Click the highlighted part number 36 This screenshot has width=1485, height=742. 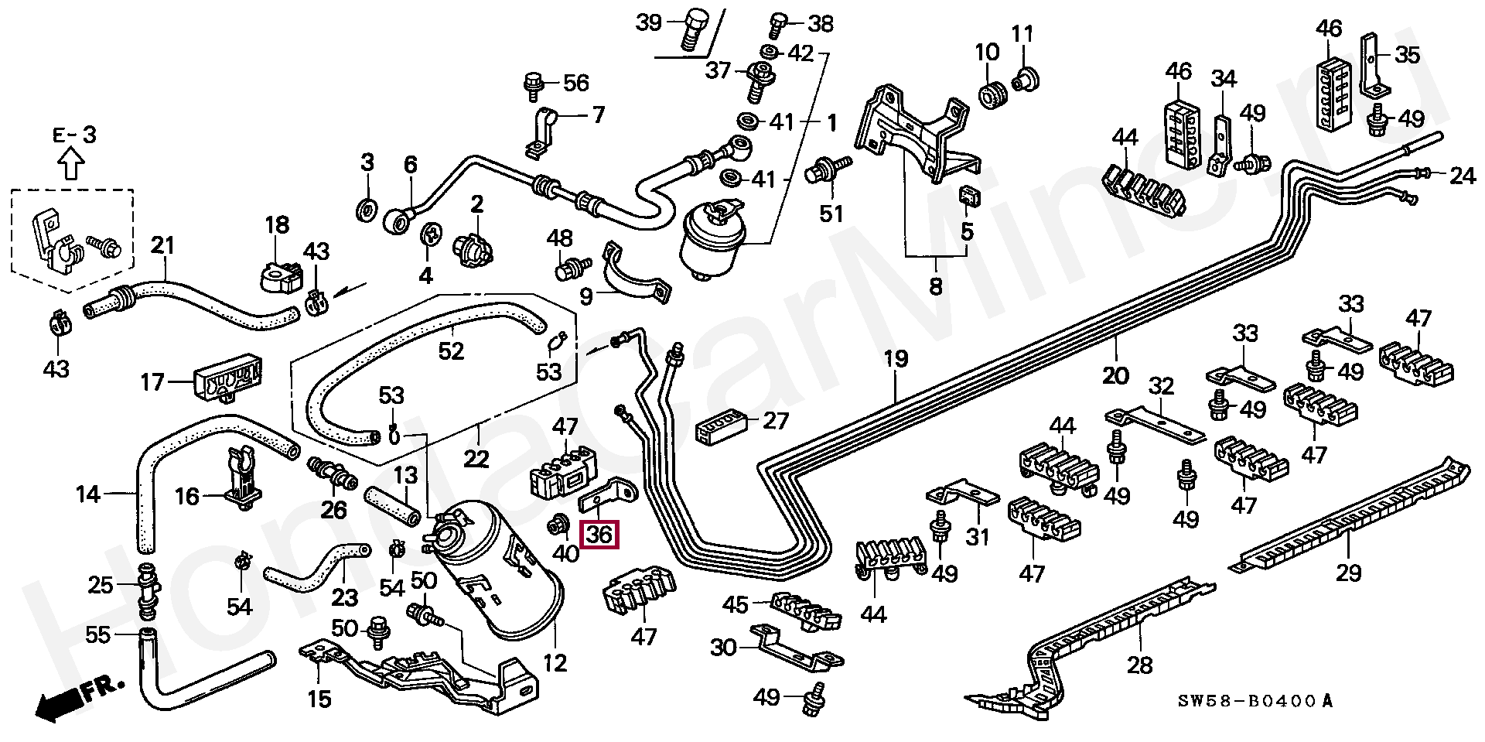point(600,534)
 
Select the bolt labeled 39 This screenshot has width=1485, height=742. point(690,30)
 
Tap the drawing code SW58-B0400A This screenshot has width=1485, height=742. point(1256,702)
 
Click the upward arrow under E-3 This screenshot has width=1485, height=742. point(72,164)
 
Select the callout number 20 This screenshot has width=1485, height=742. point(1115,375)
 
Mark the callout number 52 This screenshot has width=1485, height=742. point(451,350)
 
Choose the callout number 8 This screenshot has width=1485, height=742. point(935,287)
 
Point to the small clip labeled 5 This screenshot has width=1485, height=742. point(968,197)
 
